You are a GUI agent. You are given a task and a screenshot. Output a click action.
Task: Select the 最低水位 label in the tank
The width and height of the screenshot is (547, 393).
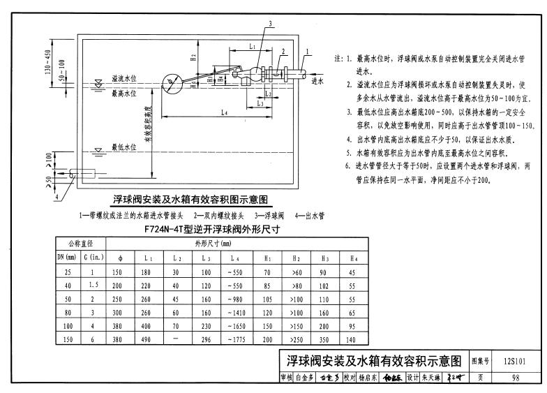126,147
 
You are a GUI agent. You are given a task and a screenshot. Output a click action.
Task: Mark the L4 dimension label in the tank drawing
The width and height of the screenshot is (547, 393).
223,112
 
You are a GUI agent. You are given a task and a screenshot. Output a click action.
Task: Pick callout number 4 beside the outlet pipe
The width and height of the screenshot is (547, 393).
57,195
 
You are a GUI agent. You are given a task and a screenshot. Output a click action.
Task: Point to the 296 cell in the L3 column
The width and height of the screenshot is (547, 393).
206,340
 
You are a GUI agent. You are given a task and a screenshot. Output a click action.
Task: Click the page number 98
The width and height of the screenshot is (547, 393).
515,378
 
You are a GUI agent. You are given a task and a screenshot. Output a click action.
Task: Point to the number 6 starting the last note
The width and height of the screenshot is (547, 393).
347,165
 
